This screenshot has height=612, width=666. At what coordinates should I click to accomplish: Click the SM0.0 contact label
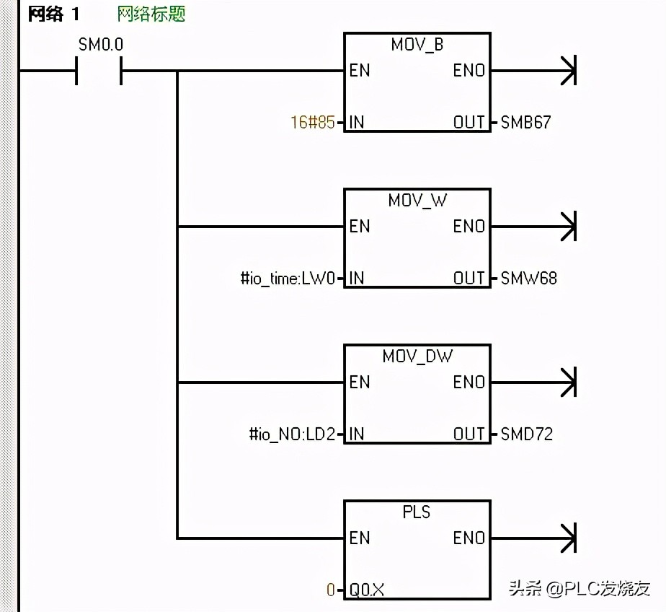[x=100, y=45]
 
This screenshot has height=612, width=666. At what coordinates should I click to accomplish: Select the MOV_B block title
[x=417, y=45]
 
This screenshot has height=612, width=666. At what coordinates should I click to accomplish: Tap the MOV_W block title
[x=417, y=201]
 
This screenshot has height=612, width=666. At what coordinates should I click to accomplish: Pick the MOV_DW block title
[x=417, y=357]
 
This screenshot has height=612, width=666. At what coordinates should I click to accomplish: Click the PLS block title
[x=417, y=512]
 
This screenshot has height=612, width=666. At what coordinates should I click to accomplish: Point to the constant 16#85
[x=313, y=123]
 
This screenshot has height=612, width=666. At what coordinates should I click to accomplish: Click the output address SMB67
[x=525, y=123]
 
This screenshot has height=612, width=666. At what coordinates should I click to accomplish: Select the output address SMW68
[x=528, y=279]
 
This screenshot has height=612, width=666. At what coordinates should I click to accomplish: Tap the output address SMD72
[x=527, y=434]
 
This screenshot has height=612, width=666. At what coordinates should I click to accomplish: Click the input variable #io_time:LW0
[x=288, y=279]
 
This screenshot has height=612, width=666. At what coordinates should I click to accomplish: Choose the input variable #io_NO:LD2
[x=292, y=434]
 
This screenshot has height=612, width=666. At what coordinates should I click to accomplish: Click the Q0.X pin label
[x=367, y=590]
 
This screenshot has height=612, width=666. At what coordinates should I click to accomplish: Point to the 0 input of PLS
[x=331, y=590]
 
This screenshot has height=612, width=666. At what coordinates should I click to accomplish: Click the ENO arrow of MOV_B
[x=568, y=71]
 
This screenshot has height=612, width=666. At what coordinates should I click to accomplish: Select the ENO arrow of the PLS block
[x=568, y=538]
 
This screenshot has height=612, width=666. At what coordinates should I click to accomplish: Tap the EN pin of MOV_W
[x=360, y=227]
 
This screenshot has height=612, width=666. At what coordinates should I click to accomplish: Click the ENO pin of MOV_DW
[x=469, y=382]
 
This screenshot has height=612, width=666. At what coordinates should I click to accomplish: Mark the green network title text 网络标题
[x=151, y=14]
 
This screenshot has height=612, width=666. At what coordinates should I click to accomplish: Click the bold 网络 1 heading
[x=54, y=14]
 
